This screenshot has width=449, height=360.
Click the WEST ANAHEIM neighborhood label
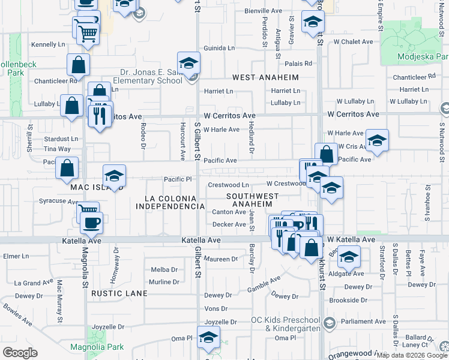coord(265,77)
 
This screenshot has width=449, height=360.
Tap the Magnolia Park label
coord(105,347)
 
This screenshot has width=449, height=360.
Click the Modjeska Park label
coord(423,58)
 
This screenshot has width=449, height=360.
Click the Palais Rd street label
coord(298,63)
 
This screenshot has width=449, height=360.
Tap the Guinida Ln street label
coord(218,48)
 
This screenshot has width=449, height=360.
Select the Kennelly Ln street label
coord(48,44)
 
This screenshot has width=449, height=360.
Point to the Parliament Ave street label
coord(363,322)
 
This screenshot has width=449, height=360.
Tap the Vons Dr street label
coord(216,308)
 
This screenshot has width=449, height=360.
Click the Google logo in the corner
coord(19,353)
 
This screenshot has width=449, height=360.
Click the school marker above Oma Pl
coord(208,337)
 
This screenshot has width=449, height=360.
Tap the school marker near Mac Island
coord(114,176)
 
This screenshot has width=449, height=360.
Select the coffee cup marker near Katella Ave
coord(91,223)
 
